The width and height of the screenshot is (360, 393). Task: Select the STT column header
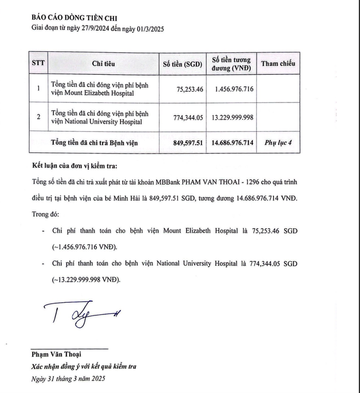pyautogui.click(x=37, y=63)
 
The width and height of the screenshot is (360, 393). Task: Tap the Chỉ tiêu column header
pyautogui.click(x=103, y=63)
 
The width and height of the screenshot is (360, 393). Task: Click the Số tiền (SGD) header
pyautogui.click(x=183, y=64)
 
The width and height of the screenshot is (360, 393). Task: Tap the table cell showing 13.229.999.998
pyautogui.click(x=232, y=117)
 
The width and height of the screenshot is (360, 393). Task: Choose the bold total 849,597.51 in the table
pyautogui.click(x=185, y=143)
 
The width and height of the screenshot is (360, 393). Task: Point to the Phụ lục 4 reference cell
pyautogui.click(x=278, y=143)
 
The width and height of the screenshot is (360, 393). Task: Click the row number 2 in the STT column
pyautogui.click(x=38, y=117)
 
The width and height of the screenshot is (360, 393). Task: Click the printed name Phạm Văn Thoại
pyautogui.click(x=56, y=354)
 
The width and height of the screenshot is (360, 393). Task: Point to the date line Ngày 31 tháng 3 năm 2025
pyautogui.click(x=68, y=379)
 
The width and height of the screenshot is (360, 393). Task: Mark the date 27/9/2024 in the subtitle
pyautogui.click(x=97, y=29)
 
